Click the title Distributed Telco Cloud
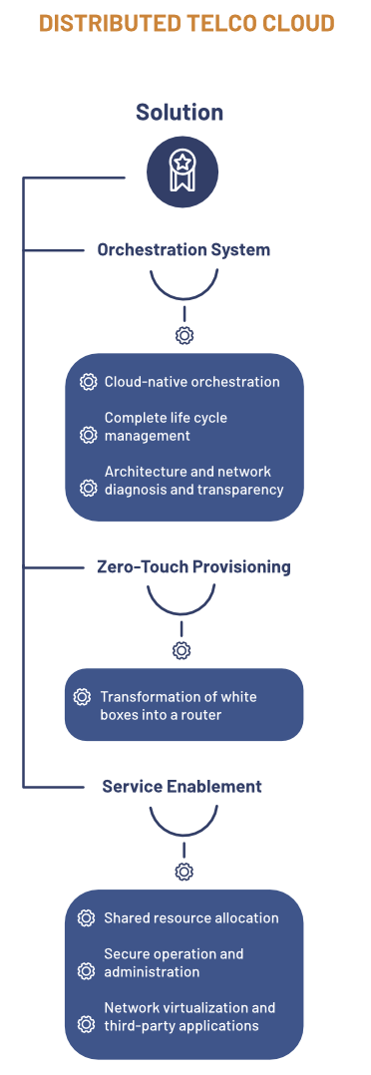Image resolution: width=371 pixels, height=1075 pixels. pos(185,23)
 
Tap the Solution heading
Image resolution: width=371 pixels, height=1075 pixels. pos(180,112)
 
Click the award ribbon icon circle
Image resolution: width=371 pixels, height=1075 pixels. pos(183,172)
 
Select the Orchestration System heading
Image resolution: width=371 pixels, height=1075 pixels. pos(184,249)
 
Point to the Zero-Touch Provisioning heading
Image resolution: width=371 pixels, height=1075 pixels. pos(193,566)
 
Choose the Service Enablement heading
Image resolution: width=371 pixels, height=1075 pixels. pos(182,786)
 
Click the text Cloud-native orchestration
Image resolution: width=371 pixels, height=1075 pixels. pos(191,382)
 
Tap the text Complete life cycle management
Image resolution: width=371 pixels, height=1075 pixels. pos(166,427)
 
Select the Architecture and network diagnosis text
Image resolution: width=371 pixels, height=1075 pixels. pos(193,481)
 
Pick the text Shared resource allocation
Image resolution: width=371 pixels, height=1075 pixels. pos(190,917)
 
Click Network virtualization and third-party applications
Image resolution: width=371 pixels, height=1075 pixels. pos(189,1016)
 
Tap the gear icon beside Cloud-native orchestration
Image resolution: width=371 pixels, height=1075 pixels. pos(88,382)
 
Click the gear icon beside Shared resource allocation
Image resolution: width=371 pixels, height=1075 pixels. pos(87,917)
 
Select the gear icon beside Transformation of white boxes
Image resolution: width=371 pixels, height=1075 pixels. pos(83,697)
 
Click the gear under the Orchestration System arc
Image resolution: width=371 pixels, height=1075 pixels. pos(184,335)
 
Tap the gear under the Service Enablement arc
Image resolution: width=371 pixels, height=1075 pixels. pos(184,872)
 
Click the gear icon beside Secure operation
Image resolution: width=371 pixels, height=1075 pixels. pos(87,970)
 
